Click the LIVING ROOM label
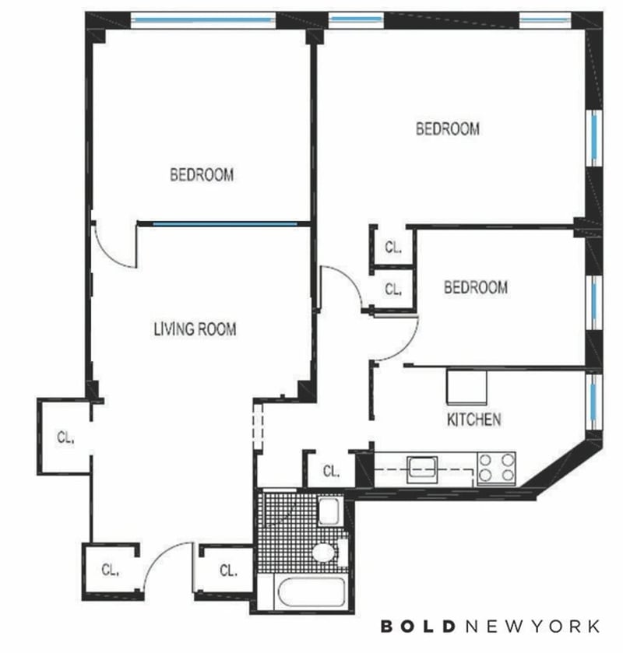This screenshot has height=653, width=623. point(195,329)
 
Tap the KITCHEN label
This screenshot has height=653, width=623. point(473,420)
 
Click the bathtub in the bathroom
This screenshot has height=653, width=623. point(311,592)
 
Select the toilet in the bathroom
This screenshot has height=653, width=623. point(329,553)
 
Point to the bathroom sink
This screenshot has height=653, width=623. point(329,512)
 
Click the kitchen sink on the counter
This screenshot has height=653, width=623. point(422,469)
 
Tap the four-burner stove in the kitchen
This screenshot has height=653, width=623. point(496,468)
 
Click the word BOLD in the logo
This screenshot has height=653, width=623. point(417,626)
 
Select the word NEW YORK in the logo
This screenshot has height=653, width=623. point(532,626)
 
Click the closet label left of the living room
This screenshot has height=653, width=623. point(66,437)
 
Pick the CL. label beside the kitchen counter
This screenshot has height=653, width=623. point(331,472)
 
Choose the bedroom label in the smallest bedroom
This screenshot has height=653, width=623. point(476,287)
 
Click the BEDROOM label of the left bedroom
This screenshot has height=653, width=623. point(202,174)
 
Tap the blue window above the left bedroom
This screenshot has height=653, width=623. point(203,19)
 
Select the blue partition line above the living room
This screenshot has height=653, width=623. point(225,224)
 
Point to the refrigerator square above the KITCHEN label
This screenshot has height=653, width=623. point(466,387)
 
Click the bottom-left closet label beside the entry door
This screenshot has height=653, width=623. point(111,570)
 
